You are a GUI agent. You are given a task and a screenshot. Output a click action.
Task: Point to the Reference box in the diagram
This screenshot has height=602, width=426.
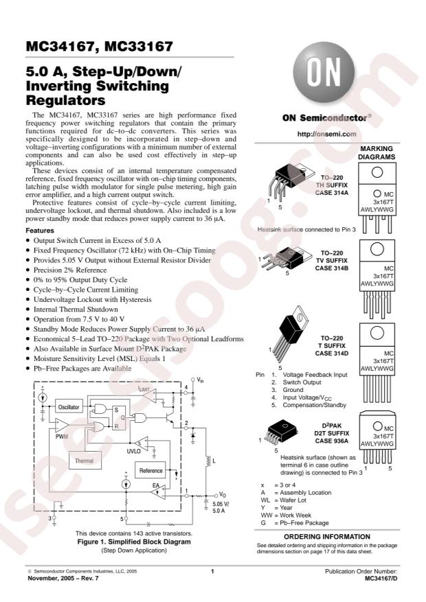pos(151,471)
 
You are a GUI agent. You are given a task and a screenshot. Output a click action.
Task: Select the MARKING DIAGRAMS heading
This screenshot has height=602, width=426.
pos(378,152)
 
